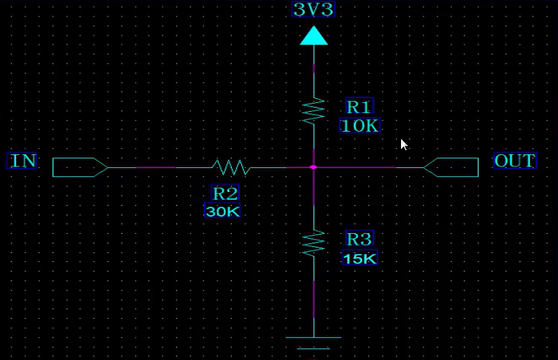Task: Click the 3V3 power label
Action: (313, 10)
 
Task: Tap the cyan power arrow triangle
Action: (313, 36)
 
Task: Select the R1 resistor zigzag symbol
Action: (313, 110)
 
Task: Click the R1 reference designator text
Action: (359, 107)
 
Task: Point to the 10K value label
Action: (360, 125)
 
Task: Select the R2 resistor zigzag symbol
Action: (231, 167)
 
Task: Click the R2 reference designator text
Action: (226, 193)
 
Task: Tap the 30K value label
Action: (223, 211)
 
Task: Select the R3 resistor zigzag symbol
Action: (313, 243)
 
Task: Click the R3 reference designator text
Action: (359, 239)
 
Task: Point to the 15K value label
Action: (359, 259)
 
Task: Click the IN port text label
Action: (22, 161)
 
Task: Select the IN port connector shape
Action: (80, 167)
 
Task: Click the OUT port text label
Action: (515, 161)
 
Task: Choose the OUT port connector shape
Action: (451, 167)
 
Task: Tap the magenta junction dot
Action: (313, 167)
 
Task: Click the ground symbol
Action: (313, 344)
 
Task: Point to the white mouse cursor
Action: (404, 144)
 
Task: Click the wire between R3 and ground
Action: (313, 297)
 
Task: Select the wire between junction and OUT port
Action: (368, 167)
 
